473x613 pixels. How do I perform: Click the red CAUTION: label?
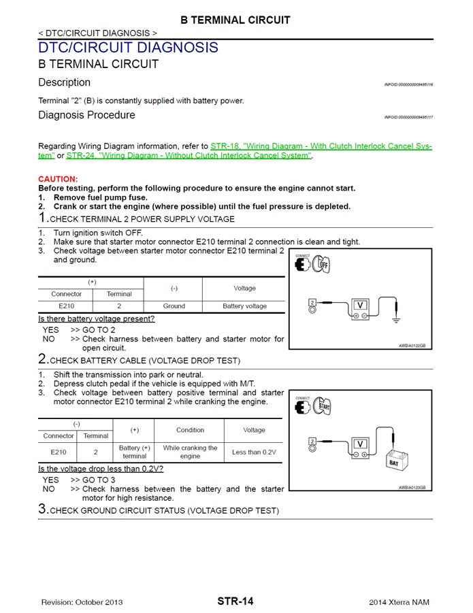[x=58, y=179]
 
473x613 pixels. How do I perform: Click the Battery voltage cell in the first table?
[x=244, y=306]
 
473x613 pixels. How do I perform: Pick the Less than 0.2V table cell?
[x=254, y=452]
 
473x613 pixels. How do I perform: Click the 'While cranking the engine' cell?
[x=190, y=452]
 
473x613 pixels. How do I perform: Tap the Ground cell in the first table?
[x=174, y=306]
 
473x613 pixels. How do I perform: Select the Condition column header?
[x=190, y=430]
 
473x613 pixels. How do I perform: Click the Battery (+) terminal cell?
[x=134, y=452]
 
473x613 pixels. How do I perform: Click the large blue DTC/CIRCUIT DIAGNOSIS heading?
[x=128, y=48]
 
